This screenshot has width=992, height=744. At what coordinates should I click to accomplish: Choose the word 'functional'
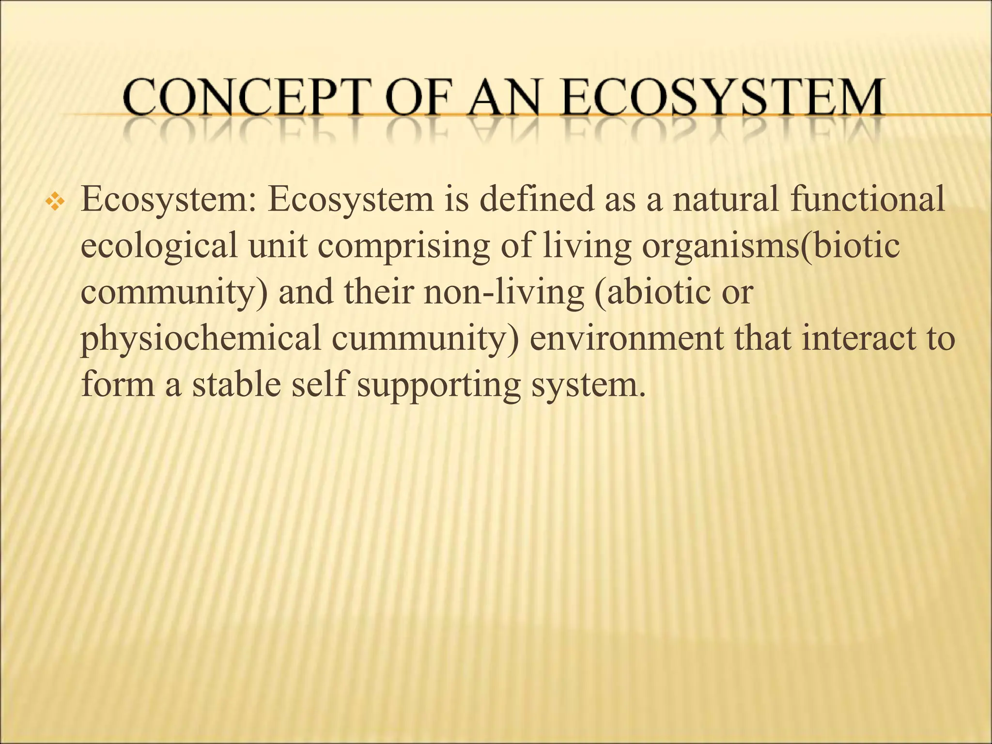tap(867, 199)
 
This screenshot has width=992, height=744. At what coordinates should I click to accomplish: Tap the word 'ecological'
tap(159, 246)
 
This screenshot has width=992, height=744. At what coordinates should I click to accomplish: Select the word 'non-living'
tap(504, 293)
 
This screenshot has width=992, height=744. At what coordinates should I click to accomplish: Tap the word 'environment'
tap(627, 338)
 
